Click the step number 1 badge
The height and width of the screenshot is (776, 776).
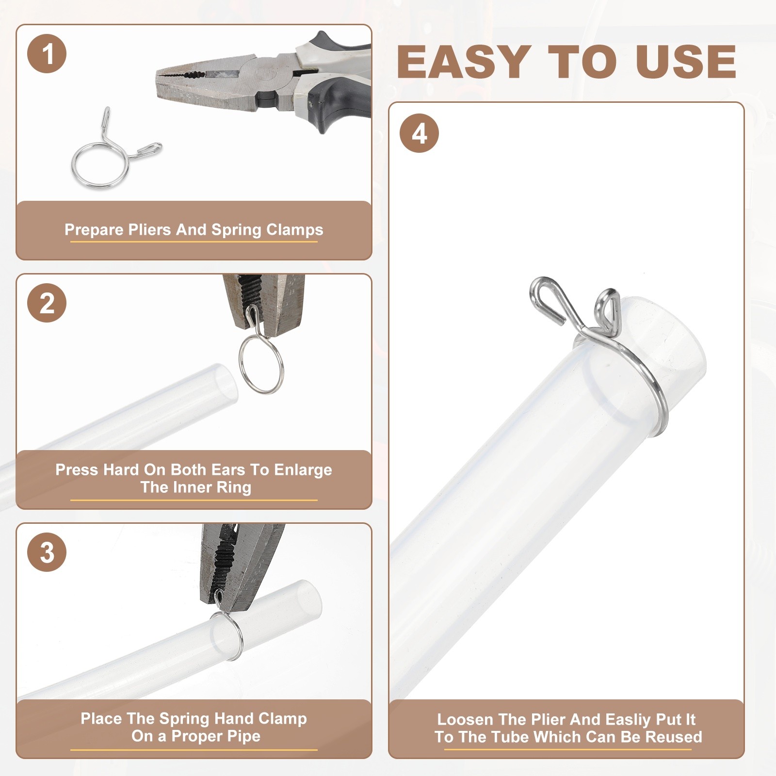[47, 53]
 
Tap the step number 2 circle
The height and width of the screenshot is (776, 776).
[47, 303]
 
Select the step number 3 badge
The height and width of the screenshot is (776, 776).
[47, 552]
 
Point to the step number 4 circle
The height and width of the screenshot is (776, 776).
[420, 133]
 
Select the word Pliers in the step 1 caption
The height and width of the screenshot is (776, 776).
[149, 229]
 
